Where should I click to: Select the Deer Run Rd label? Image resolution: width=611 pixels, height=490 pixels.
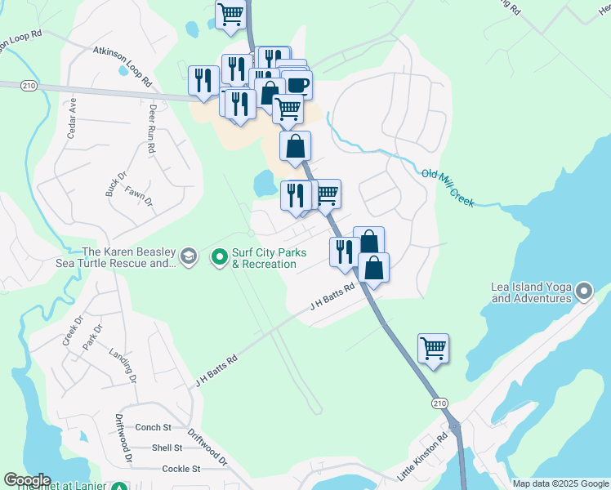tap(151, 130)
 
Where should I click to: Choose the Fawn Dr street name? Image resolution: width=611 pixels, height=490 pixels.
tap(139, 196)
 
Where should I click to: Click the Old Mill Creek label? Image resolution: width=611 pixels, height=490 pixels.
tap(448, 187)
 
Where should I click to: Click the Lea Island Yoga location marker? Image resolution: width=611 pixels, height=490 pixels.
tap(583, 292)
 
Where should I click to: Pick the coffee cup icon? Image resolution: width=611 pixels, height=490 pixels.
tap(297, 84)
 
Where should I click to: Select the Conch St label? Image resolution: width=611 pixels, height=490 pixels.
tap(153, 427)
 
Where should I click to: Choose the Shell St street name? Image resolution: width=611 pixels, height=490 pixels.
tap(167, 448)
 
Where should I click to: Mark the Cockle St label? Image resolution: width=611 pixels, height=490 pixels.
tap(181, 469)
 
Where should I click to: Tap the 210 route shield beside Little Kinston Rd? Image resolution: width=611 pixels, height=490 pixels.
tap(439, 403)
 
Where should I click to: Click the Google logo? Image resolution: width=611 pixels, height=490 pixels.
tap(27, 480)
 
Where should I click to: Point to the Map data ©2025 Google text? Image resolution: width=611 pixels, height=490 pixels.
tap(560, 483)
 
